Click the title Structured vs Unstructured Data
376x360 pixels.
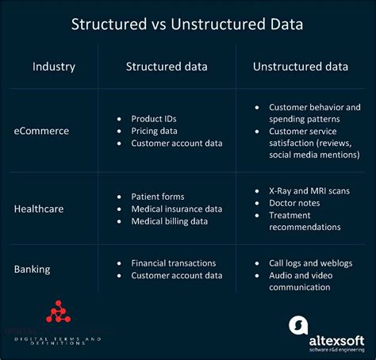(x=187, y=24)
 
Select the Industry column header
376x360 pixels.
(x=53, y=66)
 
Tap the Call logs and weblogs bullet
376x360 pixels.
(x=310, y=262)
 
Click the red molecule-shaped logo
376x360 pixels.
(x=56, y=311)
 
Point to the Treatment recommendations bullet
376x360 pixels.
(x=305, y=221)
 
